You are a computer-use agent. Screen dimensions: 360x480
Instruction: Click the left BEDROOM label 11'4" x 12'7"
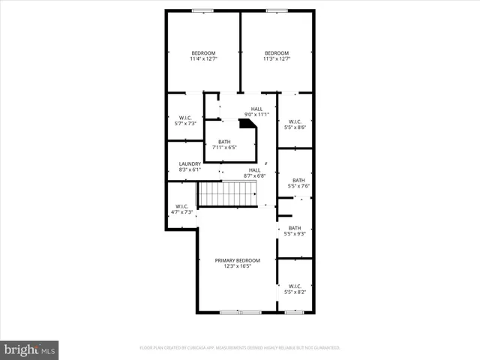[203, 55]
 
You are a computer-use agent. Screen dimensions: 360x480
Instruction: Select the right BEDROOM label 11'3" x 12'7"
[277, 55]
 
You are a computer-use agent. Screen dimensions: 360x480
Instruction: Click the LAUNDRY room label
[190, 166]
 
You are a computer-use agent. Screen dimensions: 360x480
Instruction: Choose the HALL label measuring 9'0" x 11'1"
[257, 112]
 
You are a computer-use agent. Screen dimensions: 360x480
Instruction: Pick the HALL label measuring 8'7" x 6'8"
[255, 173]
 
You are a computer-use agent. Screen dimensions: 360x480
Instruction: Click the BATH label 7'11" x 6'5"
[224, 145]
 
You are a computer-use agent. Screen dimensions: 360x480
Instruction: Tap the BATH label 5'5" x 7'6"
[298, 183]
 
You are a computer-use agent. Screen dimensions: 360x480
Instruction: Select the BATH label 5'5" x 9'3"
[295, 231]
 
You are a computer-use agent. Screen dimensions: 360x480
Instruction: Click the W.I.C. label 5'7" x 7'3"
[185, 120]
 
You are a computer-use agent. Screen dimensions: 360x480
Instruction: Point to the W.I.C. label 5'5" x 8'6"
[295, 124]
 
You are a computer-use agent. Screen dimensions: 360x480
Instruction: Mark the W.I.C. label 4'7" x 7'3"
[182, 209]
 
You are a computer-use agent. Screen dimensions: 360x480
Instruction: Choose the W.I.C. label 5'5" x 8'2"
[295, 289]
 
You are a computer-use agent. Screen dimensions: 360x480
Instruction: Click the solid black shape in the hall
[247, 123]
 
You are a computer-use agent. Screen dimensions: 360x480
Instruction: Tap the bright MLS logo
[29, 349]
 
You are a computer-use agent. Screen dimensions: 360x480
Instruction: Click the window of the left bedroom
[202, 10]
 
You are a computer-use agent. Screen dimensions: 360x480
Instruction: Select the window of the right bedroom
[276, 10]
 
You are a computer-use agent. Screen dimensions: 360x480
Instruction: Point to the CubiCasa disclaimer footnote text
[240, 348]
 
